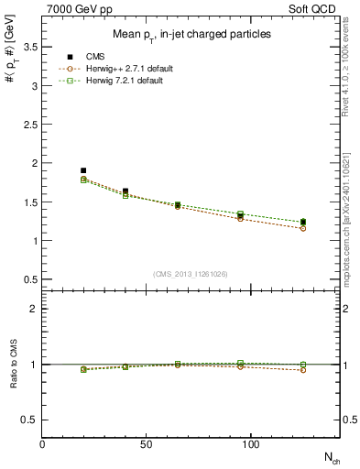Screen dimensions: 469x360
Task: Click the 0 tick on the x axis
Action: [42, 444]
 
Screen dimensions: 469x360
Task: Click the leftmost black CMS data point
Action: [83, 170]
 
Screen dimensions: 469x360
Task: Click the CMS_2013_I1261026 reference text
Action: [191, 272]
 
